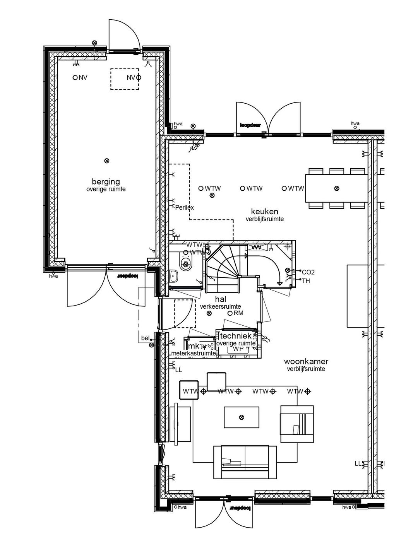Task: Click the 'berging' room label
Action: click(106, 181)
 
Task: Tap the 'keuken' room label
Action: click(265, 212)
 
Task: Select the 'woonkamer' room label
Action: click(306, 362)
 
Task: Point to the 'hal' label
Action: click(220, 299)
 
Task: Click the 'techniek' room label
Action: click(236, 336)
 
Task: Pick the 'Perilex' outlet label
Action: click(184, 207)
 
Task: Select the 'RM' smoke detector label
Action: click(238, 313)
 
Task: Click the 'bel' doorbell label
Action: click(145, 338)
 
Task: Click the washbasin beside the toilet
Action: click(174, 276)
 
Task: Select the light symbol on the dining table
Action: click(336, 188)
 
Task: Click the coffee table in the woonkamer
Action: click(242, 417)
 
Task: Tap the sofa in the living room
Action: click(245, 461)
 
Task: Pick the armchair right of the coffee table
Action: click(297, 424)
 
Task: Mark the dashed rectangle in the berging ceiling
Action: click(124, 79)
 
